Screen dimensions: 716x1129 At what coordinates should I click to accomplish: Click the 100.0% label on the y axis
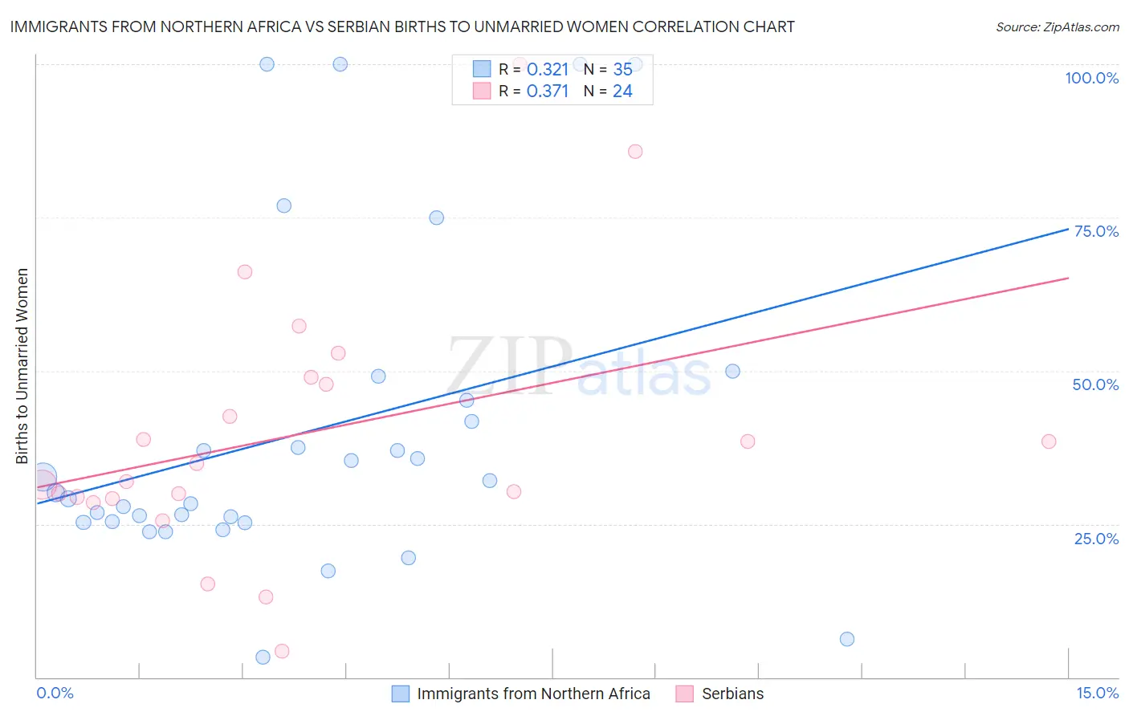[x=1091, y=78]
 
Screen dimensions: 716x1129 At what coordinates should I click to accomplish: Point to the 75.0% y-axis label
[x=1096, y=231]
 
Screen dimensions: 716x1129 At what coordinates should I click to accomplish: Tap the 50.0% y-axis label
[x=1095, y=384]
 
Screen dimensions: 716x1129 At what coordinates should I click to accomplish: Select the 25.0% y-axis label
[x=1096, y=538]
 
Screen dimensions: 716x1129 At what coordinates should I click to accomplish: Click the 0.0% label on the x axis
[x=55, y=693]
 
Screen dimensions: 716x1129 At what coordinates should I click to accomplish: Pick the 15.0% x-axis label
[x=1097, y=693]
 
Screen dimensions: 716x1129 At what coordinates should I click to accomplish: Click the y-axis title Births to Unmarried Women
[x=22, y=366]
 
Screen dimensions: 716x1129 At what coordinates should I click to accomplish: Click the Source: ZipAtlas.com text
[x=1057, y=26]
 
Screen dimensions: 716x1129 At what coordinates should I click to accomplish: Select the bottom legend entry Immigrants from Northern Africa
[x=533, y=694]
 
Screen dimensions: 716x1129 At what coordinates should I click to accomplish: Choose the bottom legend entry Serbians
[x=732, y=694]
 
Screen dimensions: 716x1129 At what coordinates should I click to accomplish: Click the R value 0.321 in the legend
[x=548, y=69]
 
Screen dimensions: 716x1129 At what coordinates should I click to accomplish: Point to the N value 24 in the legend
[x=622, y=91]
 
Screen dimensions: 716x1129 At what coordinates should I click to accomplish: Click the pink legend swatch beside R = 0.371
[x=482, y=91]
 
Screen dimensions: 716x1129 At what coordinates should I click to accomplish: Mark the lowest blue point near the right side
[x=847, y=639]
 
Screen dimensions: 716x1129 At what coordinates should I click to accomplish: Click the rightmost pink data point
[x=1049, y=441]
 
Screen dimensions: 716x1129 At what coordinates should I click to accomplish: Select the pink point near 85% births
[x=635, y=152]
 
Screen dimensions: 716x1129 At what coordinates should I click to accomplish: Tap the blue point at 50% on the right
[x=732, y=371]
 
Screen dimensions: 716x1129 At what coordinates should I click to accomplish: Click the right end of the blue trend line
[x=1068, y=230]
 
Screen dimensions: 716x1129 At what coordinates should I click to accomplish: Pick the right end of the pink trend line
[x=1068, y=278]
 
